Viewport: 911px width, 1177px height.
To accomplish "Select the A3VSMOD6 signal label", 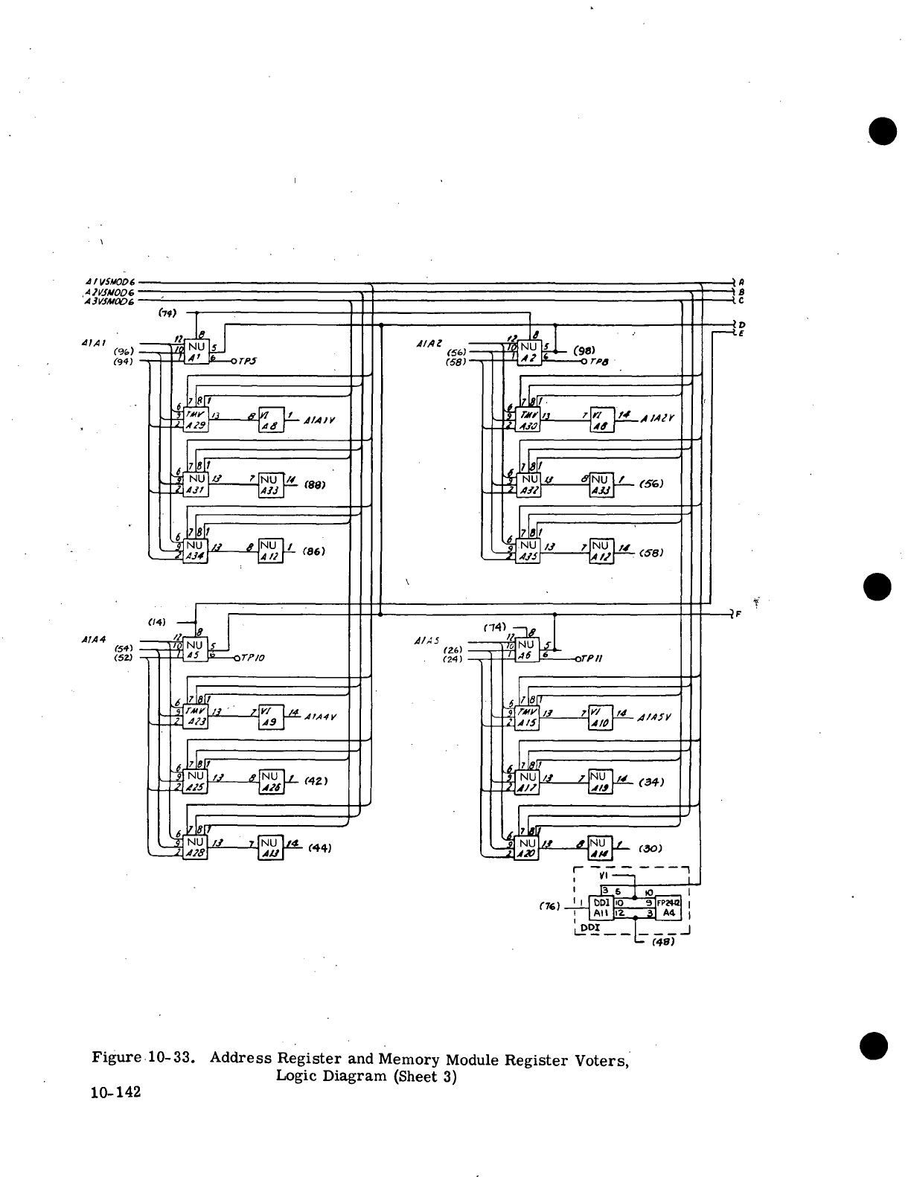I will point(110,301).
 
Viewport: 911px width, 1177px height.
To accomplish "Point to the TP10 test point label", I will point(251,658).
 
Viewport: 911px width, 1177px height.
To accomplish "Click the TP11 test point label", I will point(594,658).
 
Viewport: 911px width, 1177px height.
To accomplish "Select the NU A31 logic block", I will point(196,484).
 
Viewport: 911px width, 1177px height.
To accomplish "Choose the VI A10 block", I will point(600,716).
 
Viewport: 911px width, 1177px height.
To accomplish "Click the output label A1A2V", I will point(658,418).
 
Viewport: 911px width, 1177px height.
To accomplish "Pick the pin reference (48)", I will point(662,942).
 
